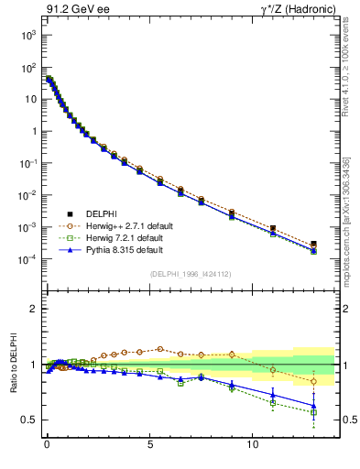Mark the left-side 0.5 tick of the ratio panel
click(x=26, y=420)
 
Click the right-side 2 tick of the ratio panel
click(x=345, y=309)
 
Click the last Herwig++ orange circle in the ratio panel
click(x=314, y=381)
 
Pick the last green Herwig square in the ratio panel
click(x=314, y=412)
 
